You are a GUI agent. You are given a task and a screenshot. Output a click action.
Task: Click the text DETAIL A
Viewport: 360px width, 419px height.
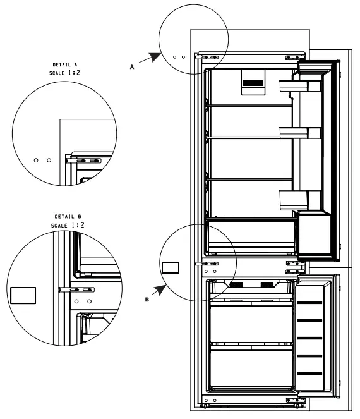[65, 64]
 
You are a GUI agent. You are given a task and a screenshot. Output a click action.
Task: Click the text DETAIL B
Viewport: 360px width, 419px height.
[68, 216]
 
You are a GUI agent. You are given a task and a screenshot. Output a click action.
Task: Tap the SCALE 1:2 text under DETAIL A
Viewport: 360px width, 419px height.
[64, 73]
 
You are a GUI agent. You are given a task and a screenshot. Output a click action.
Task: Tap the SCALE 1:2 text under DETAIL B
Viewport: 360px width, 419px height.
[68, 225]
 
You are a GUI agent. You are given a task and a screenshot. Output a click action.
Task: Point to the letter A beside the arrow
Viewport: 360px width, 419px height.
[132, 67]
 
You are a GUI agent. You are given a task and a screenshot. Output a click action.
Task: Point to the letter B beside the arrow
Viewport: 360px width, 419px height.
[147, 300]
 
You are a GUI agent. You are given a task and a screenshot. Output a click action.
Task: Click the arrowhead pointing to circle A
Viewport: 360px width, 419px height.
[155, 57]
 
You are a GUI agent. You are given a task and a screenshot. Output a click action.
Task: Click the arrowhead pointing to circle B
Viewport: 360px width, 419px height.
[161, 289]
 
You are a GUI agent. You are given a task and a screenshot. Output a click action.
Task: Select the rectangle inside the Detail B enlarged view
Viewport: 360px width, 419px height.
[23, 296]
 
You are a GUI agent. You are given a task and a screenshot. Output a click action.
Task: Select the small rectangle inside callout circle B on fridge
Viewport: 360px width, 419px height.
[171, 267]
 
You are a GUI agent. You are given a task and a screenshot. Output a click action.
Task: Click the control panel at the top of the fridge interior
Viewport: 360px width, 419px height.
[253, 82]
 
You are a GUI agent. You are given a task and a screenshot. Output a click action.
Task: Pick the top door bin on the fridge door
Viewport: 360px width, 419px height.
[300, 86]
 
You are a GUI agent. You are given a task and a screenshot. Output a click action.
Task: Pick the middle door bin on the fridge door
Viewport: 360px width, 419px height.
[300, 133]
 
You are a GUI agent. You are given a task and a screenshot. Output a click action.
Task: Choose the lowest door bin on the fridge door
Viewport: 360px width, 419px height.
[300, 200]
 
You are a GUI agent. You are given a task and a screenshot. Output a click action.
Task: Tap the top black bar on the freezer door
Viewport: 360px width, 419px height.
[309, 303]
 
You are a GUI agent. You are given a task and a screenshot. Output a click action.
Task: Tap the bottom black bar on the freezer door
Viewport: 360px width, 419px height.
[309, 374]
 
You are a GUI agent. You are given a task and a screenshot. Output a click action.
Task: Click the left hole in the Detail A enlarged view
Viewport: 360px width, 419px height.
[36, 161]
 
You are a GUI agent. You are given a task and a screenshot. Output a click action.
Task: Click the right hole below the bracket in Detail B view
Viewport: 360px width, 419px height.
[90, 301]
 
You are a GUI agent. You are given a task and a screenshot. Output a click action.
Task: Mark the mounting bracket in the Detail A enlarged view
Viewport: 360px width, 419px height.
[83, 161]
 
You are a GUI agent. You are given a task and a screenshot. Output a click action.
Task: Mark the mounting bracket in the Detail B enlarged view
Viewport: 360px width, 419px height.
[76, 289]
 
